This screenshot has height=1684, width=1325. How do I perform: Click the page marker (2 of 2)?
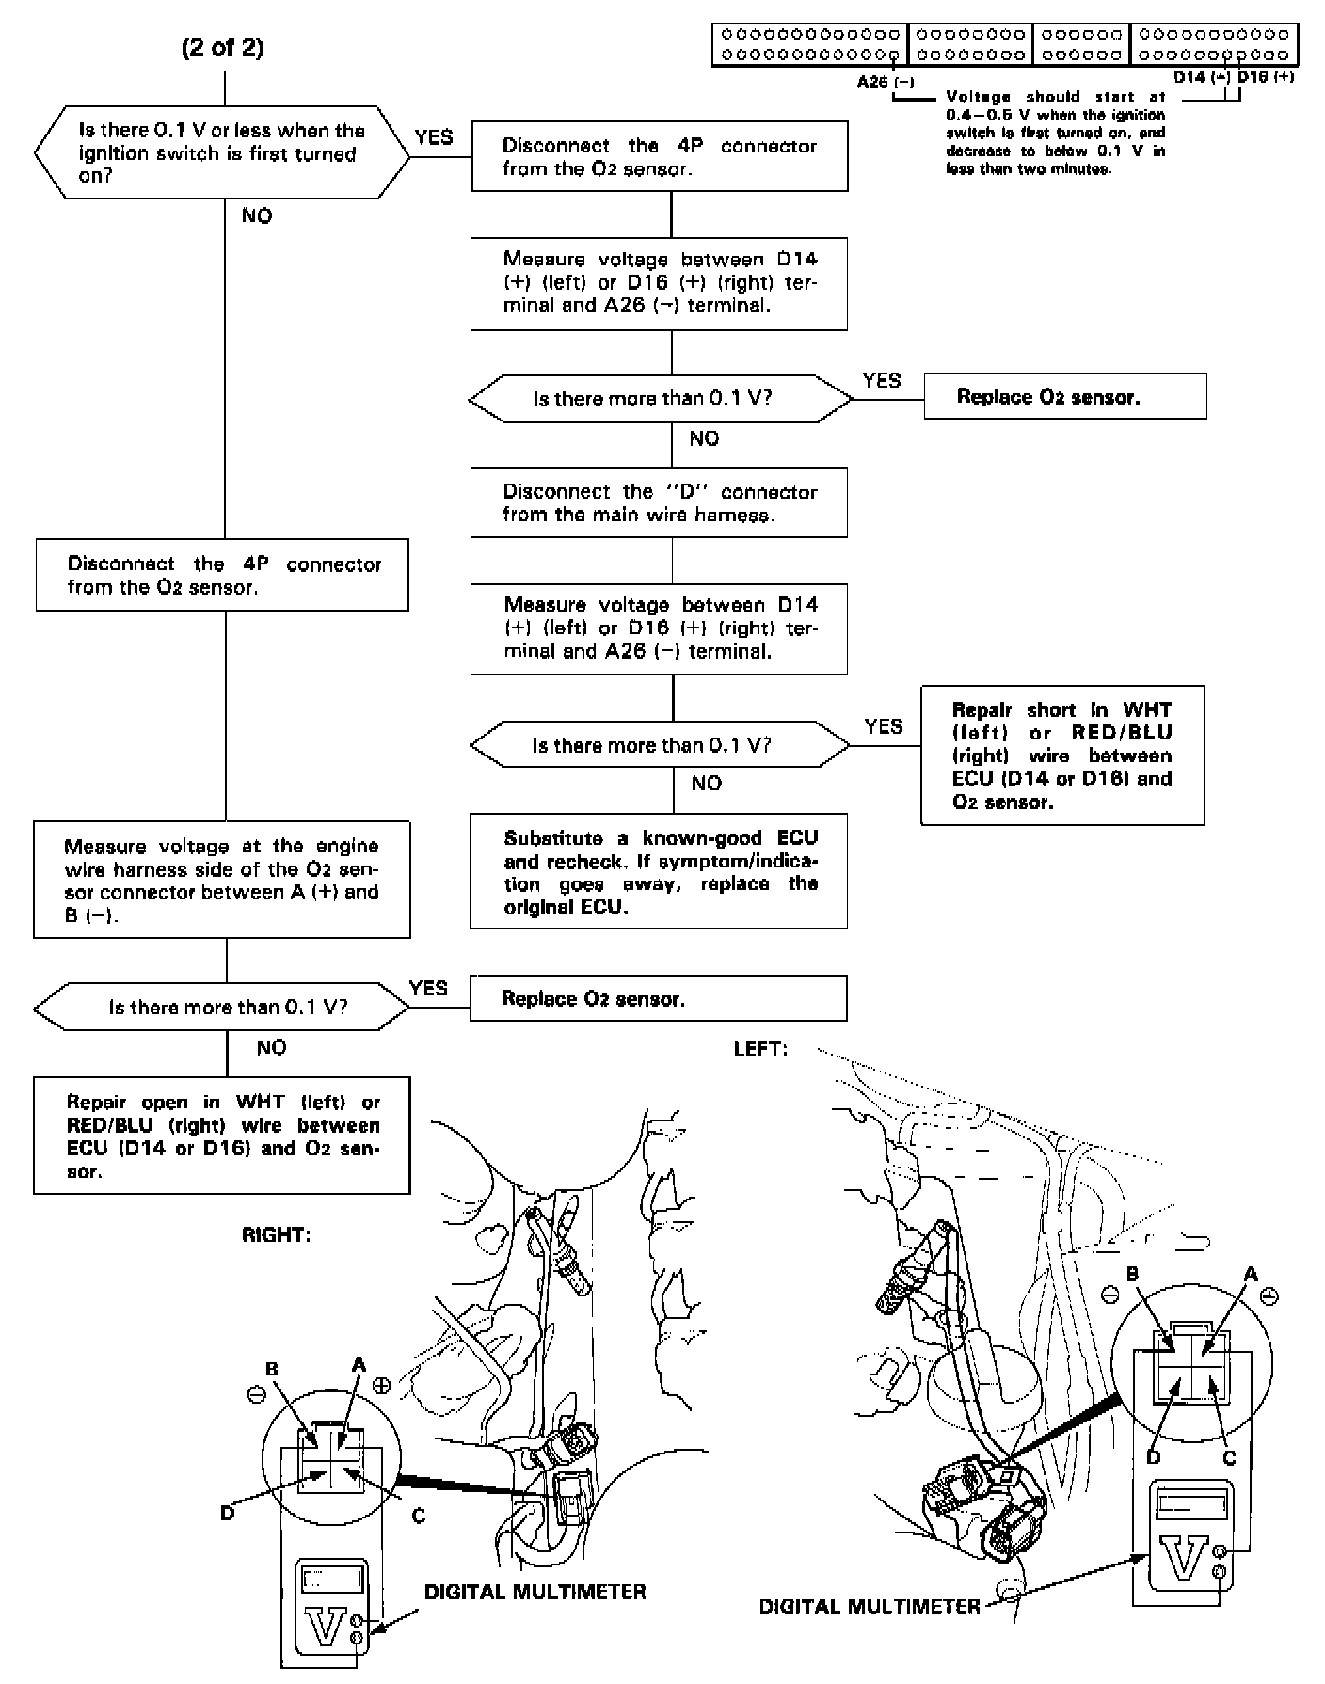click(x=222, y=48)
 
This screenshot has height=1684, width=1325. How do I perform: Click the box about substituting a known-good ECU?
click(x=659, y=871)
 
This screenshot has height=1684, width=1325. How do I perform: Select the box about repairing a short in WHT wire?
click(x=1062, y=755)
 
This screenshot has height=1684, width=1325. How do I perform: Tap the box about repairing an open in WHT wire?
click(x=222, y=1136)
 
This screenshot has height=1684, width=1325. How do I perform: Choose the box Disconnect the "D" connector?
click(x=659, y=502)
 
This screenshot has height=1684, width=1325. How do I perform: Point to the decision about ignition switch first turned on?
click(x=222, y=152)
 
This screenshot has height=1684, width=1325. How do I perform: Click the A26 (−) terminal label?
click(x=885, y=82)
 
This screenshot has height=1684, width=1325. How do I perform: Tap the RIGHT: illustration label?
click(x=276, y=1235)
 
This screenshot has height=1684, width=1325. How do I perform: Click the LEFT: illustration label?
click(x=760, y=1048)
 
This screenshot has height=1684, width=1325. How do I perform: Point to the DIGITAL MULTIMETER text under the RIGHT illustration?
click(x=535, y=1592)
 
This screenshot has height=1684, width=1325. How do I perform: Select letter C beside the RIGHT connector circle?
click(x=419, y=1516)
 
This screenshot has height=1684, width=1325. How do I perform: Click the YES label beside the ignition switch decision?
click(x=433, y=137)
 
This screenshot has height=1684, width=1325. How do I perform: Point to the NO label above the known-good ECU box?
click(x=706, y=784)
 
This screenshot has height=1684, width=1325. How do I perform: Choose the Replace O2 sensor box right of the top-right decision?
click(x=1064, y=396)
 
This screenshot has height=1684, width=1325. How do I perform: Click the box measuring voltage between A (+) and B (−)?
click(x=222, y=880)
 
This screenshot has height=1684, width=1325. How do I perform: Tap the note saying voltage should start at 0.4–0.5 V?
click(x=1055, y=133)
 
